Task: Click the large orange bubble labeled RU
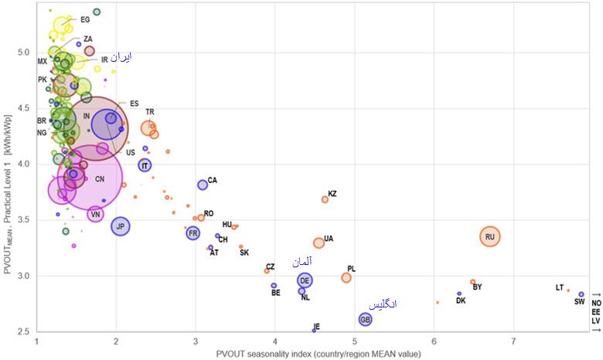490,236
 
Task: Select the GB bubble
366,319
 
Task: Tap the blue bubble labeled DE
305,280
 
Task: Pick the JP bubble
120,226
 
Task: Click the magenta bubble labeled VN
95,214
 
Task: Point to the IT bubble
145,165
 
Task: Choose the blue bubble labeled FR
193,233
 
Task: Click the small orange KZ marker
325,199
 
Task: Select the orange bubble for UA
319,243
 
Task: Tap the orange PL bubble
346,277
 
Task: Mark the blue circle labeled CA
203,185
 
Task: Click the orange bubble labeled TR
148,128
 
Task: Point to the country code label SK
244,253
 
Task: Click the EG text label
85,20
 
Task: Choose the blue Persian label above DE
302,262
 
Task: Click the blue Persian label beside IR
121,58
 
